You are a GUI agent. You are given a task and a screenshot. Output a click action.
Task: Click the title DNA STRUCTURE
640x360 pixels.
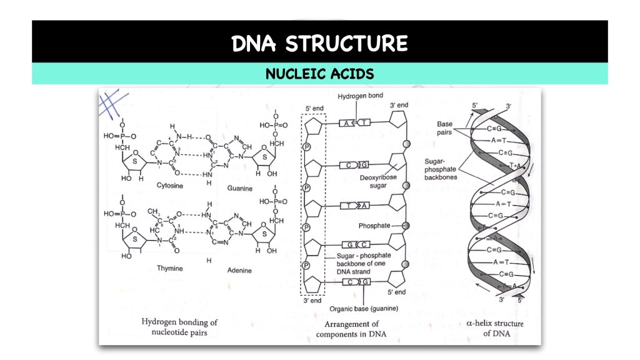(x=319, y=43)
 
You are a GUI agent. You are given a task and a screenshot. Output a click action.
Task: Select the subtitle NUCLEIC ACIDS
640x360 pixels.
(x=319, y=74)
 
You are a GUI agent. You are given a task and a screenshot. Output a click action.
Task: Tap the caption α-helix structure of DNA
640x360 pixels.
(x=495, y=328)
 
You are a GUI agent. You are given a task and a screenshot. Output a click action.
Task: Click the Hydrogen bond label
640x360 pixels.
(x=359, y=97)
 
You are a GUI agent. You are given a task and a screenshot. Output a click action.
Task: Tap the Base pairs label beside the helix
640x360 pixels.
(x=444, y=127)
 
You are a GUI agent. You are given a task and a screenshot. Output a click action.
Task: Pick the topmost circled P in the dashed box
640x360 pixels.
(x=307, y=147)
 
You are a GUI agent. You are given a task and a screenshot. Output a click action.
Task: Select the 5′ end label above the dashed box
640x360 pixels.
(x=313, y=108)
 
